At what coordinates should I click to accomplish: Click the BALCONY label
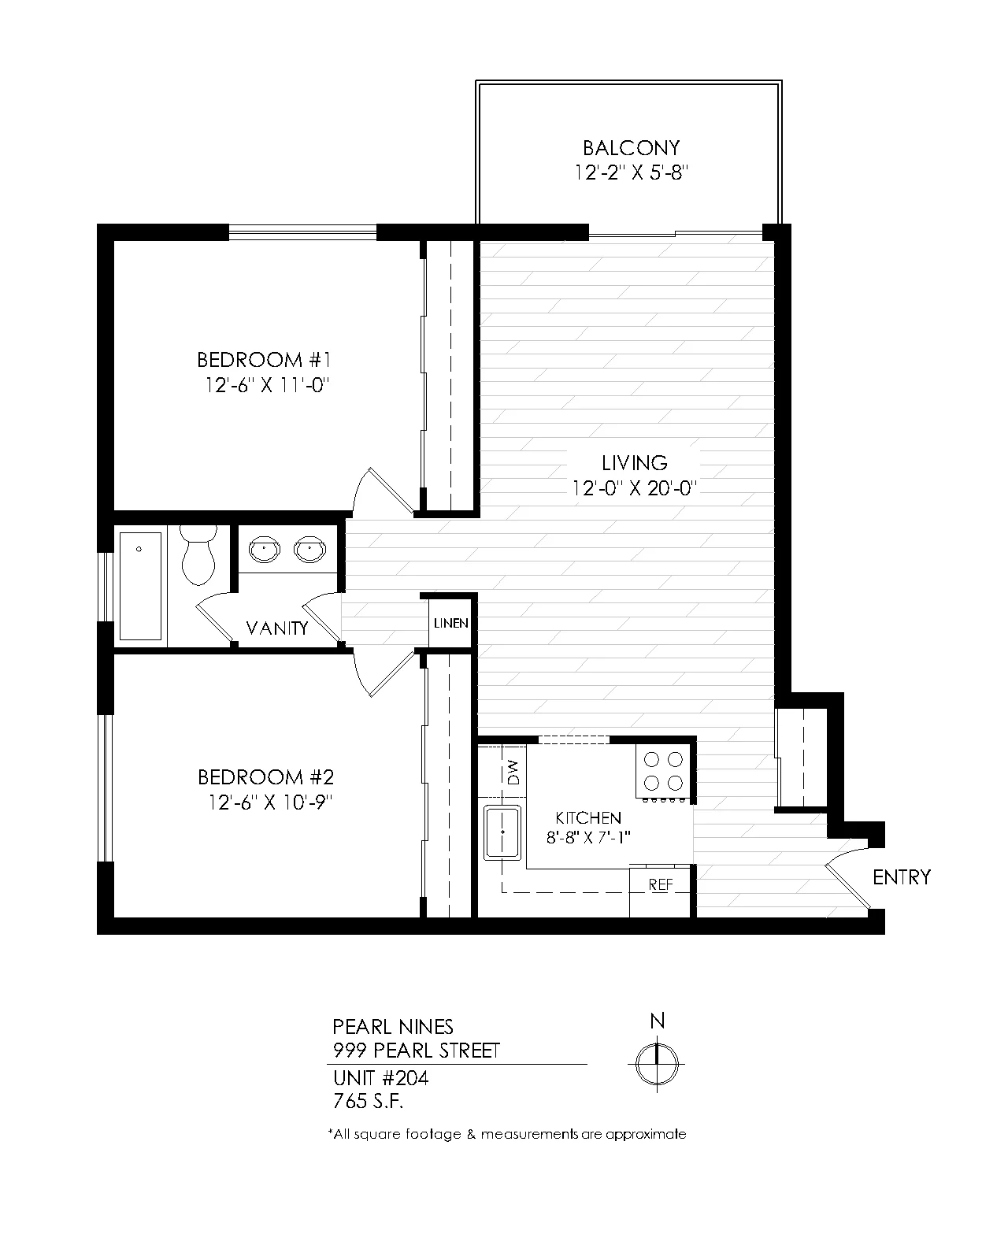point(631,147)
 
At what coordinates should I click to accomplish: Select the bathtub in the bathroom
point(141,585)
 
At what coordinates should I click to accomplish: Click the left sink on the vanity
point(264,550)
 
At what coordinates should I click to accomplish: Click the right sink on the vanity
point(309,550)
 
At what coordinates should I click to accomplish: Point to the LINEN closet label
point(451,623)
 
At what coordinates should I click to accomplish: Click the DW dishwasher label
point(513,772)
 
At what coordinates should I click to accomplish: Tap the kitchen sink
point(502,832)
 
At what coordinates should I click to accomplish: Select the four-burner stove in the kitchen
point(664,772)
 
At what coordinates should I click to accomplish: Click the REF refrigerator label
point(661,884)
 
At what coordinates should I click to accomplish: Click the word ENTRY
point(902,877)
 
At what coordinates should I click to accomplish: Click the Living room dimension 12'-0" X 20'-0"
point(634,487)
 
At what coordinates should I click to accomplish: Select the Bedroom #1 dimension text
point(268,385)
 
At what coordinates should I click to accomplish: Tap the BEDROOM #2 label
point(265,777)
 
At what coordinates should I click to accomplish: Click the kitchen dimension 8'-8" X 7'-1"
point(588,838)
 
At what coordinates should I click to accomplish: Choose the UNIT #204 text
point(380,1078)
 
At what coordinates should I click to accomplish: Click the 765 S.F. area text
point(369,1102)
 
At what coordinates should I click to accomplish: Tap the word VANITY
point(277,628)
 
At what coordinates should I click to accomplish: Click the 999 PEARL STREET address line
point(417,1051)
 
